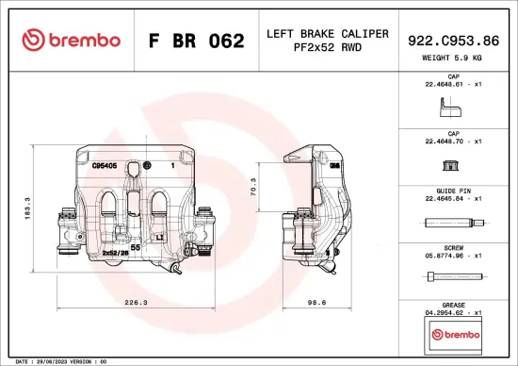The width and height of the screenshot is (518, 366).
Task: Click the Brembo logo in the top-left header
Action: (x=71, y=40)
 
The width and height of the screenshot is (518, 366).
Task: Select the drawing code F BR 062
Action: (x=196, y=41)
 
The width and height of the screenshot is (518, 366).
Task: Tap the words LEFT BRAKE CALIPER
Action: (x=327, y=34)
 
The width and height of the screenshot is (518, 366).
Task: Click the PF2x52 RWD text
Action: (x=327, y=49)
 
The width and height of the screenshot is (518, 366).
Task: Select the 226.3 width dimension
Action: (x=137, y=303)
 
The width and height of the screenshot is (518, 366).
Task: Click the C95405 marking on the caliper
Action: (x=104, y=165)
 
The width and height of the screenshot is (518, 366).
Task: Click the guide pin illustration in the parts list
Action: (x=453, y=224)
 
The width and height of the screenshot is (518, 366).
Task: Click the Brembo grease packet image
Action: (x=453, y=334)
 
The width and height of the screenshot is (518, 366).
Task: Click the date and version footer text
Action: (x=57, y=360)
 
